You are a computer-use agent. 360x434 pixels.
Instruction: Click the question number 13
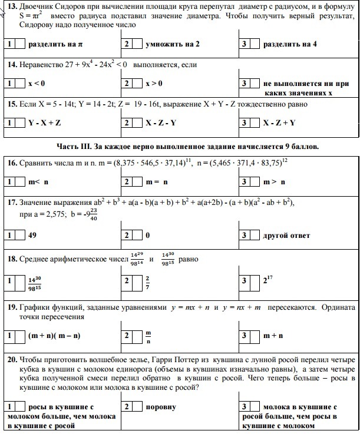click(x=11, y=6)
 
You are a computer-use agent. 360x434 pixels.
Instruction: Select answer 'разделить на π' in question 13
click(x=56, y=45)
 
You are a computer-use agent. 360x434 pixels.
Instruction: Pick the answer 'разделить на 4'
click(x=290, y=45)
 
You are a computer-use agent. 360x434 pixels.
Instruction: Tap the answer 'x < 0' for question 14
click(x=37, y=84)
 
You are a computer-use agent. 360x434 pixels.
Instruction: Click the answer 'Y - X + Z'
click(x=45, y=122)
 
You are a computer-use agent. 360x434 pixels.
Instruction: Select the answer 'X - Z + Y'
click(x=279, y=122)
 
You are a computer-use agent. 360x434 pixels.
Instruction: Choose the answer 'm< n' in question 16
click(x=39, y=183)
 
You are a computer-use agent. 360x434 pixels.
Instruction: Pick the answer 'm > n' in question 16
click(x=275, y=183)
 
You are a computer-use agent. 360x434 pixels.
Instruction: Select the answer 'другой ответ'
click(x=286, y=236)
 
